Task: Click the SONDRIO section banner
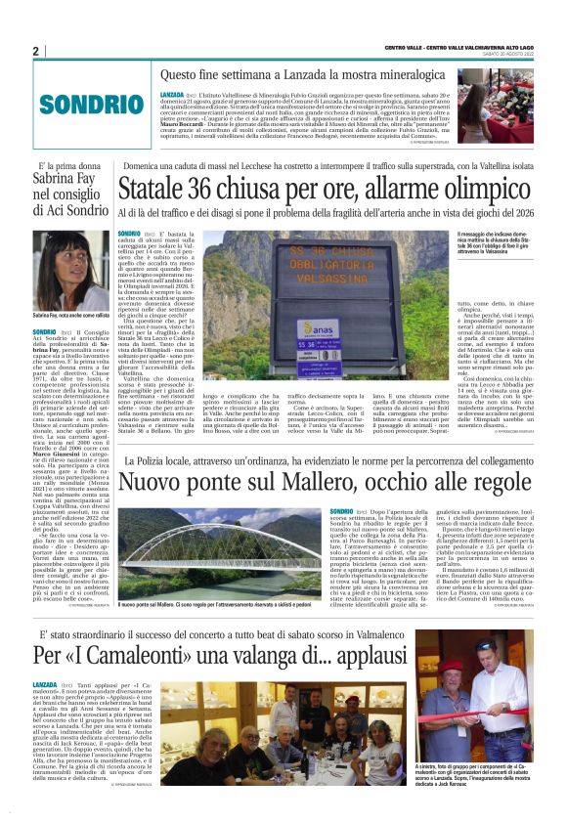pos(71,103)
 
